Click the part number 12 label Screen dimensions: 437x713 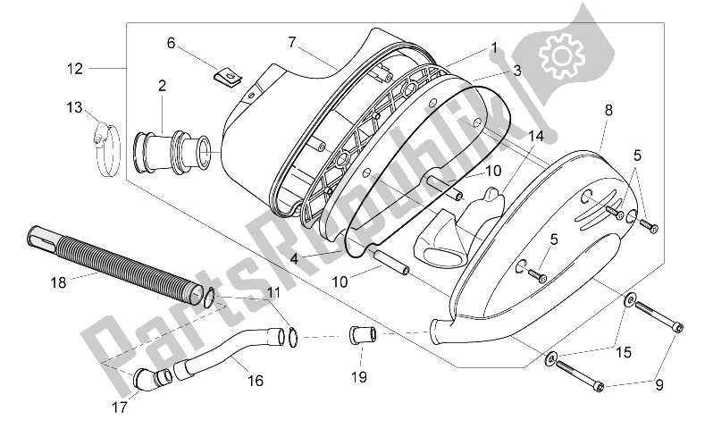click(75, 68)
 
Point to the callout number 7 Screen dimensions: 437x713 click(291, 42)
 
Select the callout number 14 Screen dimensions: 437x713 click(536, 136)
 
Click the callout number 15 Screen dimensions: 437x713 click(623, 353)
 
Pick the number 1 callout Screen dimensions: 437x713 click(491, 46)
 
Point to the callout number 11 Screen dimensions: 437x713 click(273, 292)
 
